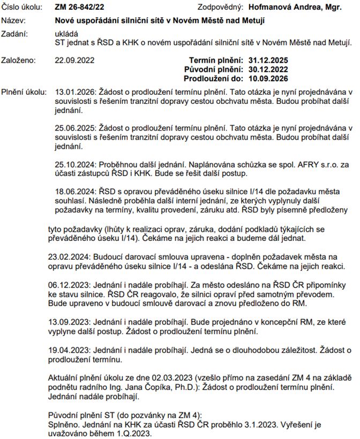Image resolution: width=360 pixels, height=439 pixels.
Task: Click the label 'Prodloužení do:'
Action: (x=214, y=78)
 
